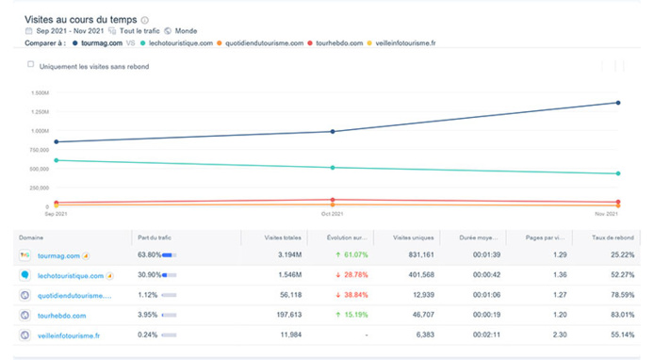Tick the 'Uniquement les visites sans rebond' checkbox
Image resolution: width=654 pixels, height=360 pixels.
31,65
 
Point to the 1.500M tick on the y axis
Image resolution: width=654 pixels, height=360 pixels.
39,92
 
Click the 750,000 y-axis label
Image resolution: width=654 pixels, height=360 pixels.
39,150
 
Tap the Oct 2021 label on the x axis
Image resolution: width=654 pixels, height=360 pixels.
330,215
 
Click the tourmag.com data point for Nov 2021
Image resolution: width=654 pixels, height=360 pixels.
617,103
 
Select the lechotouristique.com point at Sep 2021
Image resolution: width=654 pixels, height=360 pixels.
56,160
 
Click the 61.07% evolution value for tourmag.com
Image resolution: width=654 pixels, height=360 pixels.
354,255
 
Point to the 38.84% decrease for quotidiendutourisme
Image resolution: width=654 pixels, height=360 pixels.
354,295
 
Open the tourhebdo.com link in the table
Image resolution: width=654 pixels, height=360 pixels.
62,315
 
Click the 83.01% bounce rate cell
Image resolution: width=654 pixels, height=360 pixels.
619,315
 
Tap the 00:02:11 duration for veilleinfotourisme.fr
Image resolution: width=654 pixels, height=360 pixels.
484,335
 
